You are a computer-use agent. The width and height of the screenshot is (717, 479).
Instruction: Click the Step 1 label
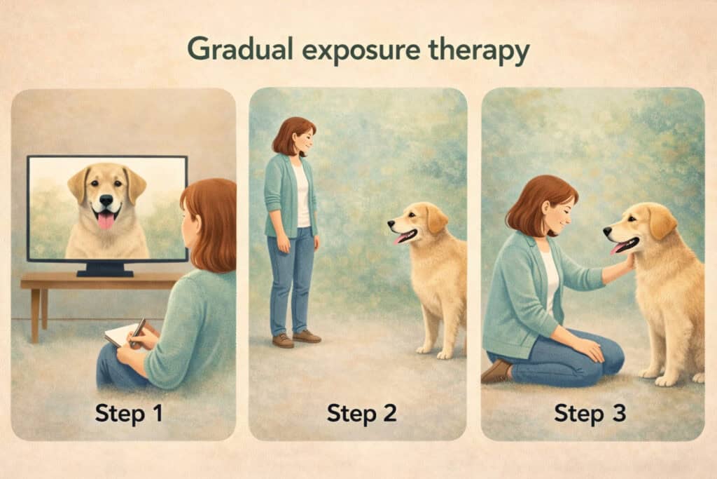[x=129, y=413]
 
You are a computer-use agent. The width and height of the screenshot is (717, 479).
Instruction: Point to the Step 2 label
[x=361, y=413]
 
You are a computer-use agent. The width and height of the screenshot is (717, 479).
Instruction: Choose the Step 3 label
[x=590, y=413]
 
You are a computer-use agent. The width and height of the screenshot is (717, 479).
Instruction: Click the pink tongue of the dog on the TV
[x=106, y=221]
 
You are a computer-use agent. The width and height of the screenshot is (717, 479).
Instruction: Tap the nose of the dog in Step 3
[x=608, y=230]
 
